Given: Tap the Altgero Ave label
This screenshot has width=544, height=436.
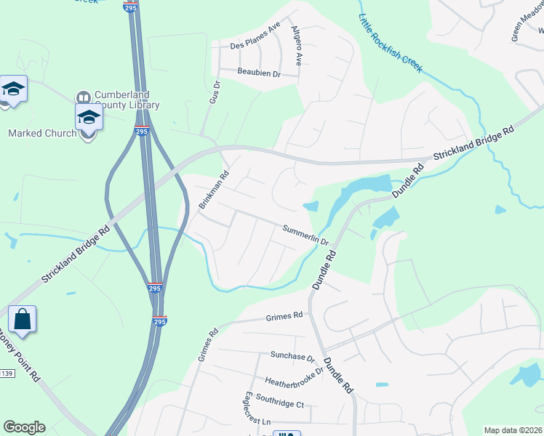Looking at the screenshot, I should [296, 44].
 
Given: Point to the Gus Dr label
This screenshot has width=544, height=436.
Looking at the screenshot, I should [214, 92].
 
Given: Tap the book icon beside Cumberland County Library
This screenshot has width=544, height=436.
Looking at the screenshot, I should [83, 97].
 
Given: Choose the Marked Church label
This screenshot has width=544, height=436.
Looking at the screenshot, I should [41, 133].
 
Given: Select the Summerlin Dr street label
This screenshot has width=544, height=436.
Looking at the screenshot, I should [306, 234].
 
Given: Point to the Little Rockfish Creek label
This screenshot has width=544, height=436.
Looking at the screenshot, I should [390, 42].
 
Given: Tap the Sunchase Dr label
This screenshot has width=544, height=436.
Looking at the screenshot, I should [292, 357].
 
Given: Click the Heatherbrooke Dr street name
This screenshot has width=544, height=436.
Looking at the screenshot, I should [294, 381].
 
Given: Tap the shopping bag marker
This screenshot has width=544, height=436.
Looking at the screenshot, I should [22, 319].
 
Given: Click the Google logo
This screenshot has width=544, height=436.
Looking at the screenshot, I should [24, 427].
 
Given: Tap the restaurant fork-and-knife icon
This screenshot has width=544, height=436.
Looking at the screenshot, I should [286, 433].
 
